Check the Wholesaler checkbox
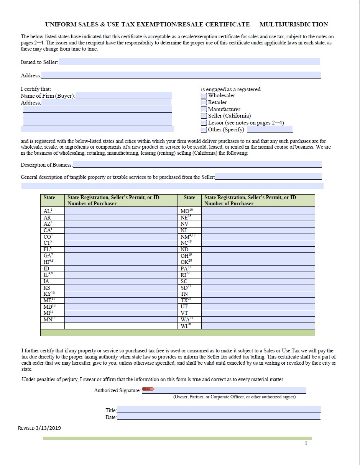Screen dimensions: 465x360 (204, 96)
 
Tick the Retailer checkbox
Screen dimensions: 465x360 (204, 103)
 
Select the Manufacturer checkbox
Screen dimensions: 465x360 (204, 110)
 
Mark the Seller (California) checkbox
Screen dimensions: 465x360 (204, 116)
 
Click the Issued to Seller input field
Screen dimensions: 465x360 (189, 62)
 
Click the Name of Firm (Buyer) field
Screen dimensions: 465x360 (123, 95)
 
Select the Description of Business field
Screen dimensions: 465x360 (197, 164)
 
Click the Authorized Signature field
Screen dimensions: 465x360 (229, 390)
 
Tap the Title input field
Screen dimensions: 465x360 (219, 409)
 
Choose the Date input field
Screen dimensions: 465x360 (219, 416)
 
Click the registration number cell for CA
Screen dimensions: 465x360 (121, 230)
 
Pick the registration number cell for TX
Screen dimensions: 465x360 (258, 300)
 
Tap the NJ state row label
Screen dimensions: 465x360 (184, 230)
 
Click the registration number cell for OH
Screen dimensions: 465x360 (258, 255)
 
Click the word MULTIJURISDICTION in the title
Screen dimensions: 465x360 (294, 25)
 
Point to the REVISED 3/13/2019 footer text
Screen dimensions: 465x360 (39, 428)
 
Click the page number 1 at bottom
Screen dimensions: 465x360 (306, 444)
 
